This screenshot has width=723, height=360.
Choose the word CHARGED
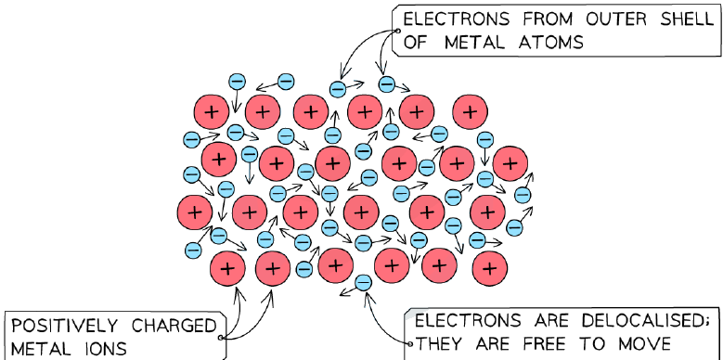coord(174,327)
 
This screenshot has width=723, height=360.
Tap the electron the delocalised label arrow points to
coord(363,282)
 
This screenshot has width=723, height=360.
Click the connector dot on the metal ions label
coord(221,338)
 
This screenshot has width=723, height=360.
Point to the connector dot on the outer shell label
coord(398,31)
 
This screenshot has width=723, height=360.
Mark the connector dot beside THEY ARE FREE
coord(410,343)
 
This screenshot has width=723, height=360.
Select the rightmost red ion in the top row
coord(470,112)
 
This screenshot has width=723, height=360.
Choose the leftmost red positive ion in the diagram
coord(195,212)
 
